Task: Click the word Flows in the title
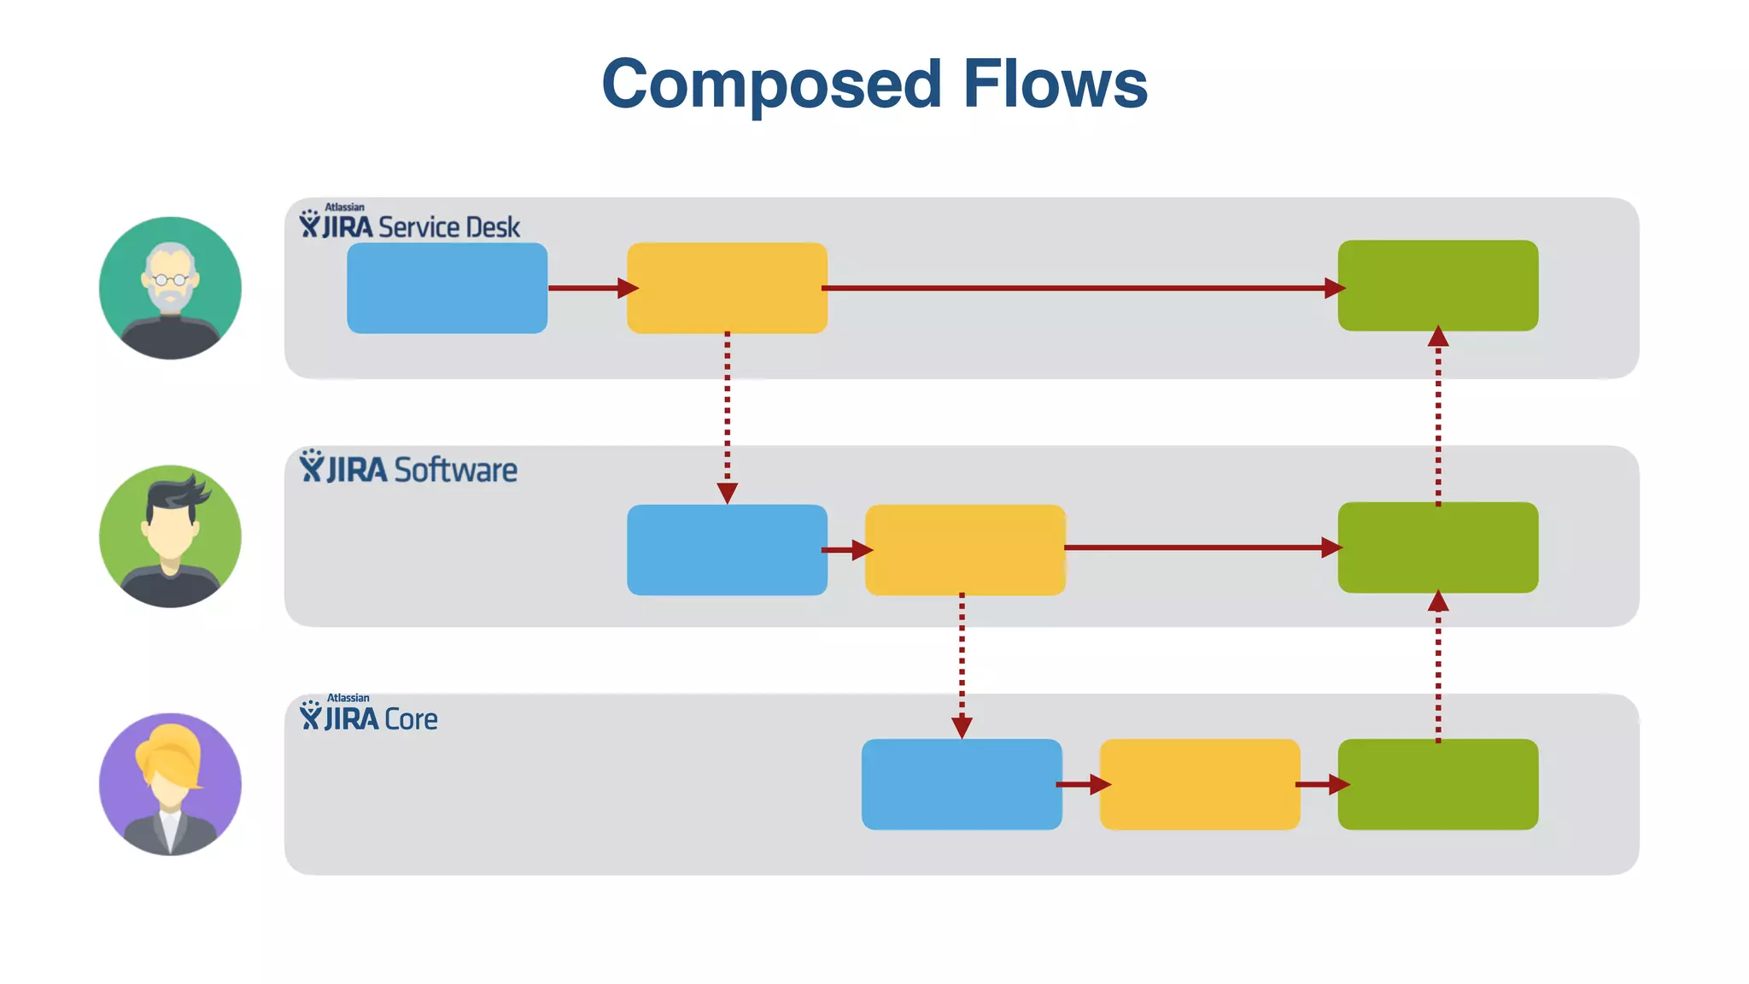[1055, 85]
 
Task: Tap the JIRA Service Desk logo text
[409, 225]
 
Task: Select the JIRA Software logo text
[408, 469]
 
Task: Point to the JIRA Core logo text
[369, 717]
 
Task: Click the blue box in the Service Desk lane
[447, 288]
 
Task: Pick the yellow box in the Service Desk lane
[727, 288]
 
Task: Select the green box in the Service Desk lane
[1437, 285]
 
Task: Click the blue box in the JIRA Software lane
[727, 549]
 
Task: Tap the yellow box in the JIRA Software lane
[965, 549]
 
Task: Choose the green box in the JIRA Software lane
[1437, 548]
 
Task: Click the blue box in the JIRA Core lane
[962, 784]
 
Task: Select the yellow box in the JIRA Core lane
[1199, 784]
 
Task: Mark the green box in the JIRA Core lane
[1437, 784]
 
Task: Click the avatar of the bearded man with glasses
[170, 288]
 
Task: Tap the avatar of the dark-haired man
[170, 536]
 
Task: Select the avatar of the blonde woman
[170, 784]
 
